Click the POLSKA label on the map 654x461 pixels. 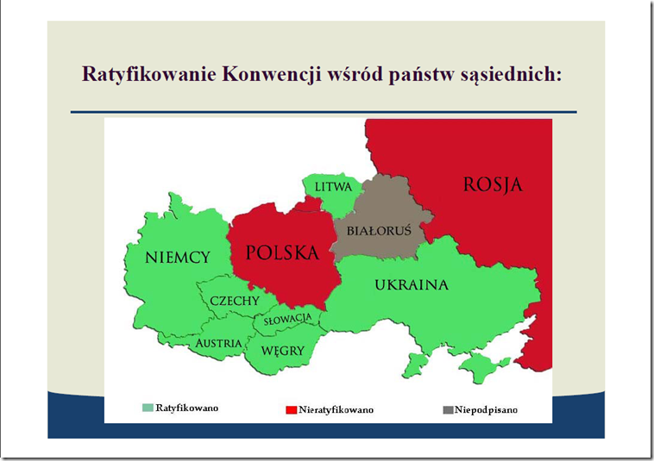pos(282,252)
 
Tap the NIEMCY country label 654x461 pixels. pos(177,258)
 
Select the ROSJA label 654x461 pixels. pos(493,185)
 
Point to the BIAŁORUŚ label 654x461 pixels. pos(379,230)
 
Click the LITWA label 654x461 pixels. pos(333,187)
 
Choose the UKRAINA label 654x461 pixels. pos(412,285)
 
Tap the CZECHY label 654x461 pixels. pos(235,301)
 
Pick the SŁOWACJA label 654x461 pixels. pos(288,319)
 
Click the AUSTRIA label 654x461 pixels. pos(218,343)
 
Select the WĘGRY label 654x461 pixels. pos(283,351)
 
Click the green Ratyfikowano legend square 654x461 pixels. pos(148,408)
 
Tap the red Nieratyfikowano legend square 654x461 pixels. pos(291,410)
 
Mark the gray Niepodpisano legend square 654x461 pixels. pos(448,410)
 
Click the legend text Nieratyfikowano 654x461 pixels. pos(336,410)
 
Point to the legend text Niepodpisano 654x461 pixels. pos(486,410)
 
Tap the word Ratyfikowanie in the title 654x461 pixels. pos(149,75)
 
